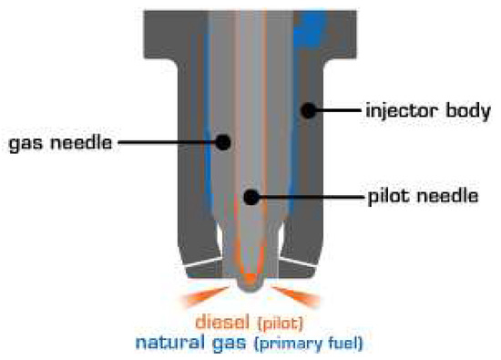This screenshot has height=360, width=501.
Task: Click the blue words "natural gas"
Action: point(187,344)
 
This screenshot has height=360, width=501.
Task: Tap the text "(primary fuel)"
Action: point(304,345)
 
